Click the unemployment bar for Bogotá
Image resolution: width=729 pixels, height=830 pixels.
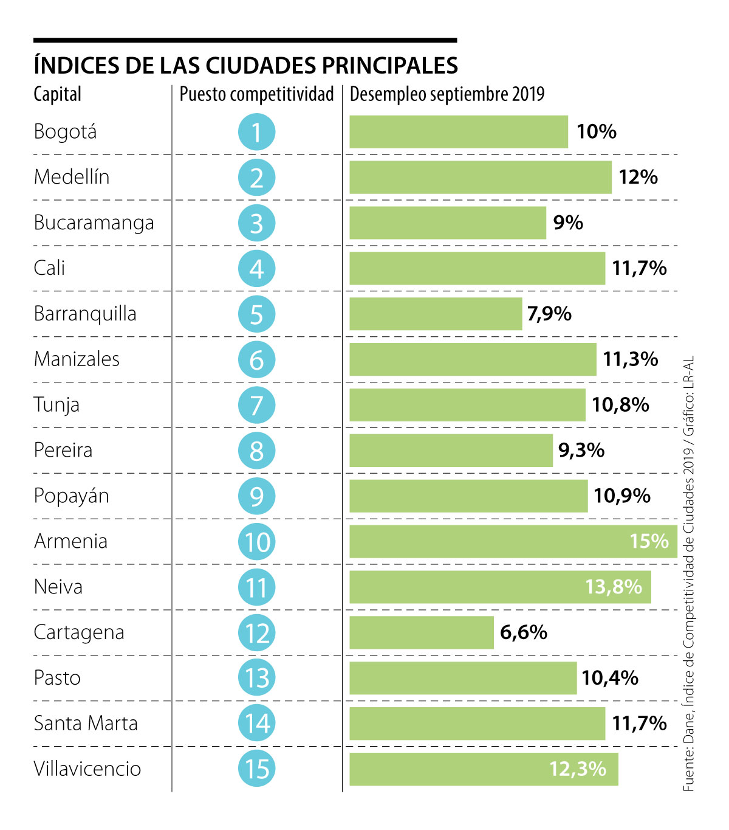click(459, 132)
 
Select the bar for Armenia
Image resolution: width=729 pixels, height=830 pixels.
click(513, 541)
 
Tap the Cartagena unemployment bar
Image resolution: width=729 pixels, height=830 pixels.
click(422, 632)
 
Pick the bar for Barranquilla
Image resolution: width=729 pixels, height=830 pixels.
click(436, 314)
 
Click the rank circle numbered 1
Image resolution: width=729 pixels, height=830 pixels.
click(256, 132)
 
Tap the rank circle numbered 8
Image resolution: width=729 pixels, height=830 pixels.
click(256, 451)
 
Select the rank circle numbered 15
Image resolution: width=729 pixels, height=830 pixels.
click(256, 769)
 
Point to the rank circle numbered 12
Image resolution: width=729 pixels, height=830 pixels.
click(256, 632)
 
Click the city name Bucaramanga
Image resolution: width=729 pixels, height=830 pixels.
click(94, 223)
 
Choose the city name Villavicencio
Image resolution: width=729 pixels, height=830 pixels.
click(87, 769)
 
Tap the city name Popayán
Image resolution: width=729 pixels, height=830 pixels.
click(72, 496)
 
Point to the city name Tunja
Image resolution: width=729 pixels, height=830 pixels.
click(56, 405)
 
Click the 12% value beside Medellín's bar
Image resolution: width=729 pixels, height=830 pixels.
click(638, 177)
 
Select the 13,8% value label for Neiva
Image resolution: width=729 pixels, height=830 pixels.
click(614, 587)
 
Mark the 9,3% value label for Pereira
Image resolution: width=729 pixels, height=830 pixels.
click(581, 451)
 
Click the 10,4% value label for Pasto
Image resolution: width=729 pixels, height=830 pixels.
click(610, 678)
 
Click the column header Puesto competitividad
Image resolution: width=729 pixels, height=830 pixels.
click(256, 94)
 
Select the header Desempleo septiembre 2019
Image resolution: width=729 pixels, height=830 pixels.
click(447, 94)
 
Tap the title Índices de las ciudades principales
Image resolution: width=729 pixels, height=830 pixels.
click(246, 65)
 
